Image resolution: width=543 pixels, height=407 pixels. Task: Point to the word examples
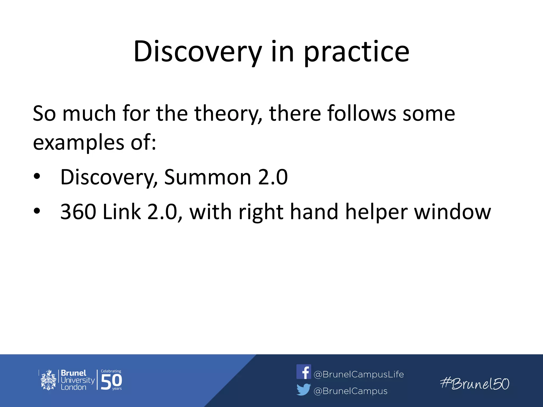tap(78, 143)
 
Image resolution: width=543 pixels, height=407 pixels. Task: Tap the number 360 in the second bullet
tap(78, 212)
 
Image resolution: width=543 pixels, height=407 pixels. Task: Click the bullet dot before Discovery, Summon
tap(37, 176)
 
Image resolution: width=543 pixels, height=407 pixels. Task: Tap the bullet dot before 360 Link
tap(37, 211)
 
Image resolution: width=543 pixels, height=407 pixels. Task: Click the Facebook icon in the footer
tap(304, 372)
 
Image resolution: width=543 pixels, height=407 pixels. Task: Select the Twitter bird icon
tap(304, 390)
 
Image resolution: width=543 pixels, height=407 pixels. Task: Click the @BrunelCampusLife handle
tap(358, 374)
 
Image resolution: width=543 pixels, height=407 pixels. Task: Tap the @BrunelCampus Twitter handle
tap(350, 391)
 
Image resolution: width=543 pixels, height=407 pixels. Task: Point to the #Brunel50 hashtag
tap(475, 384)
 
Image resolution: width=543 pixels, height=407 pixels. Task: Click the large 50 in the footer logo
tap(111, 382)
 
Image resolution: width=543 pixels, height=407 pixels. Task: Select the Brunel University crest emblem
tap(48, 380)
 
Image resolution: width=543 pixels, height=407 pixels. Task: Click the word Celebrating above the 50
tap(111, 371)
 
